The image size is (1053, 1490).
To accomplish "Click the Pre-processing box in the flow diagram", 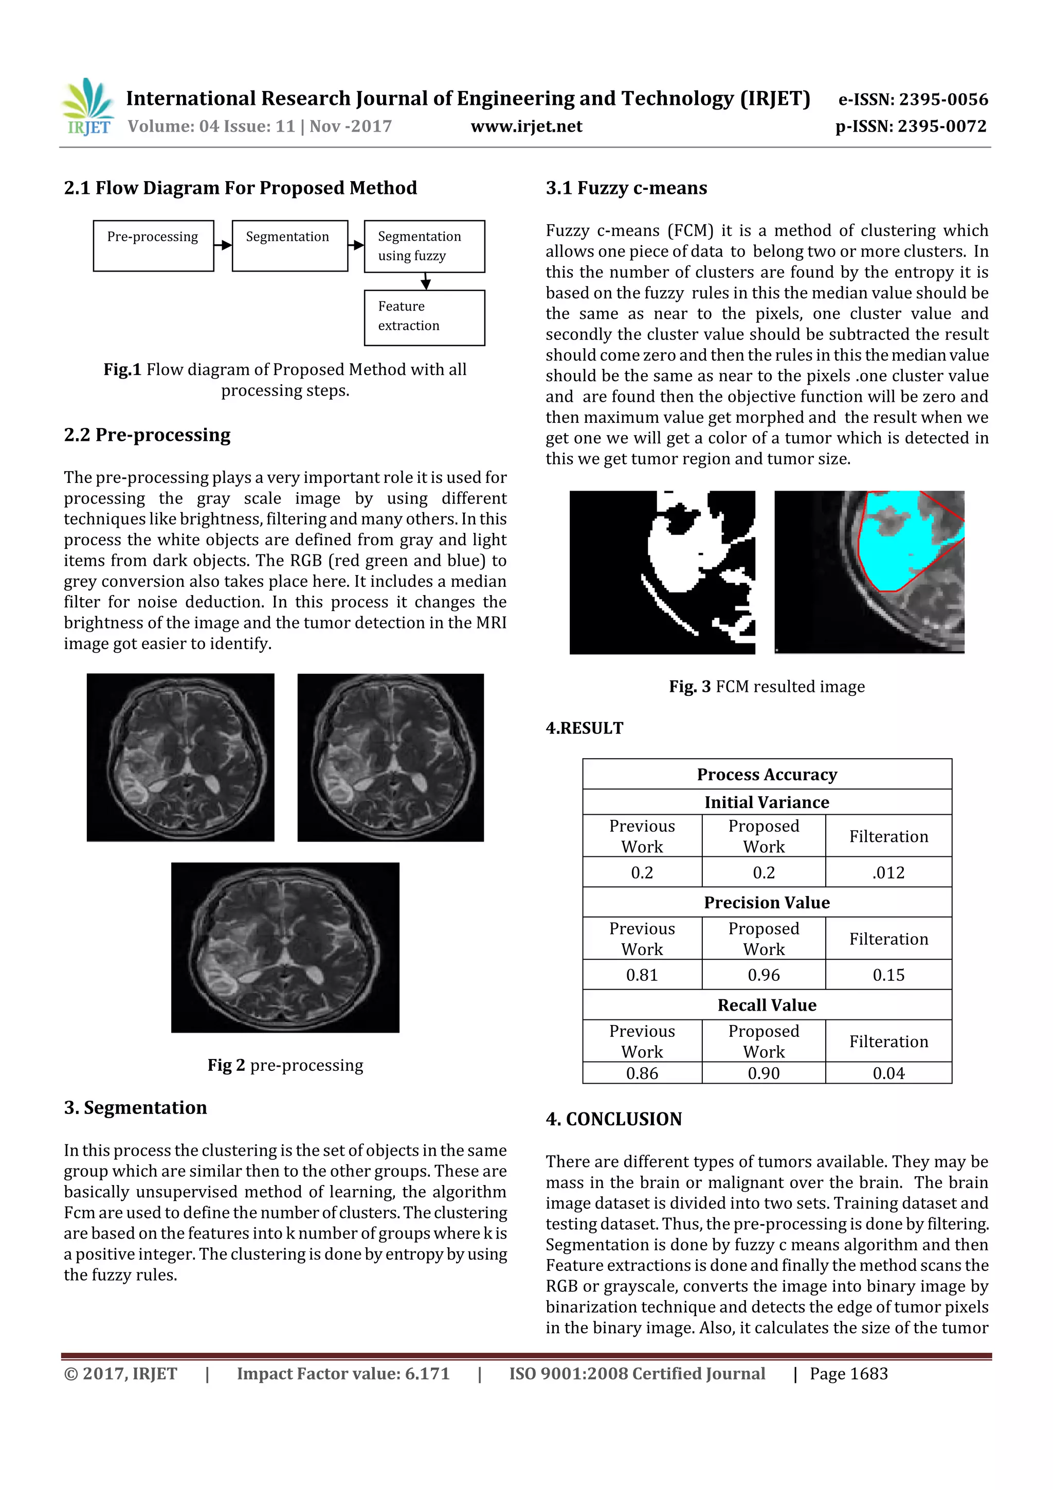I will click(153, 245).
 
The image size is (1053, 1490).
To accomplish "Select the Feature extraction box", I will click(424, 317).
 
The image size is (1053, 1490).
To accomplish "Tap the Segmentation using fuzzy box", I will click(424, 246).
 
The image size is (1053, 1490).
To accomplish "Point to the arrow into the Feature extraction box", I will click(426, 282).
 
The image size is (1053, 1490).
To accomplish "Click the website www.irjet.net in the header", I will click(526, 127).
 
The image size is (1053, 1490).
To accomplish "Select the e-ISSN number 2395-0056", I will click(913, 99).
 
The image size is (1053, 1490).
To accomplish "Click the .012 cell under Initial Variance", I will click(888, 872).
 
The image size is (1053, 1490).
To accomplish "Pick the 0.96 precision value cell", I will click(764, 975).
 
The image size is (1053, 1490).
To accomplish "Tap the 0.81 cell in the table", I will click(642, 975).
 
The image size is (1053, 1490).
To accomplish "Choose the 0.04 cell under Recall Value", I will click(888, 1073).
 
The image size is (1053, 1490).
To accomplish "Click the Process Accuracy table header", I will click(767, 774).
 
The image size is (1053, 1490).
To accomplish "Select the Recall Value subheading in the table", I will click(767, 1005).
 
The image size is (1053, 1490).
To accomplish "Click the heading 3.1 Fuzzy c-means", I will click(626, 188).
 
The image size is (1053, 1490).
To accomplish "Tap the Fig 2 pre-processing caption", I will click(285, 1066).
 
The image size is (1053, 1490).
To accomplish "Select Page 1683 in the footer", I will click(849, 1374).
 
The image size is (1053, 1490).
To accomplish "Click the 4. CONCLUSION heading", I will click(614, 1119).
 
